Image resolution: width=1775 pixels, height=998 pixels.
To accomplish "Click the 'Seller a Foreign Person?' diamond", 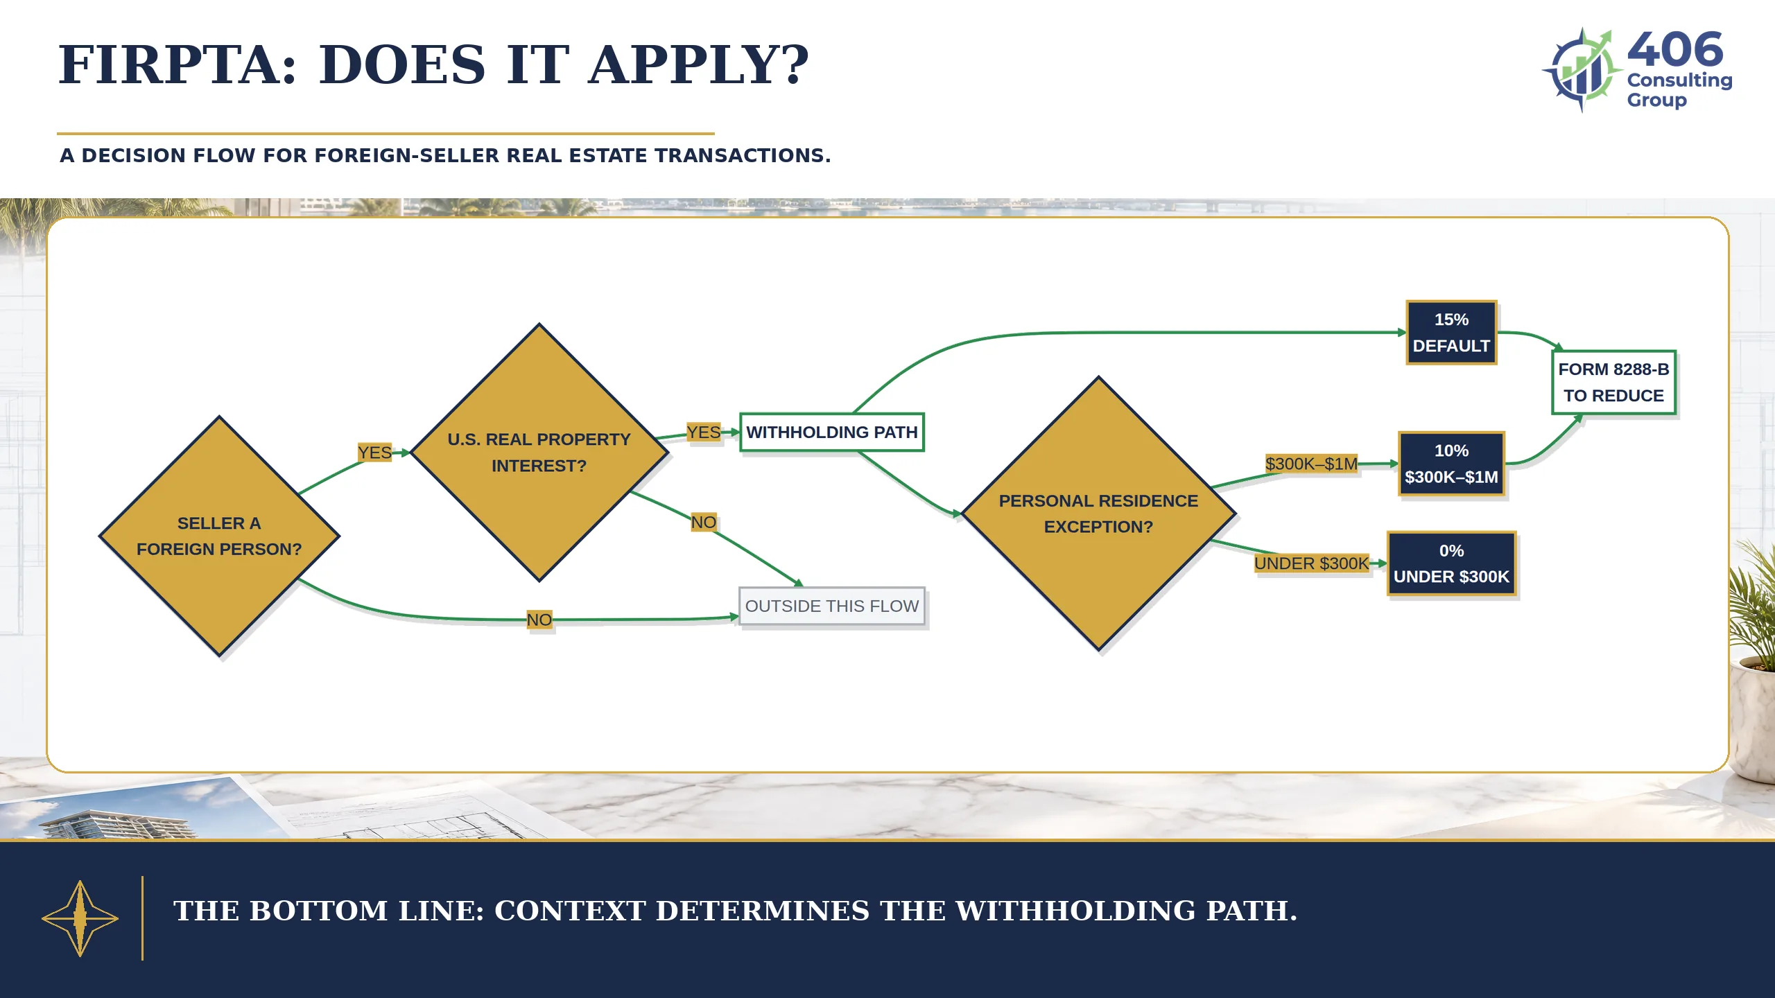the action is (219, 536).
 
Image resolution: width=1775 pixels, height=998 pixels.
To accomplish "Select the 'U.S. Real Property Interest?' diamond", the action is (539, 452).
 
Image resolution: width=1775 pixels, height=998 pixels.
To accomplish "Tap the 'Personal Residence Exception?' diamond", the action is (1098, 514).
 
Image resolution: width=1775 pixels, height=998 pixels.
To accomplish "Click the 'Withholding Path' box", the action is (832, 432).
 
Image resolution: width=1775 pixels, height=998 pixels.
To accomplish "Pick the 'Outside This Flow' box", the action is (832, 606).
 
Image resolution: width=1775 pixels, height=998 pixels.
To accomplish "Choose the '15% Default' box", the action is (1451, 333).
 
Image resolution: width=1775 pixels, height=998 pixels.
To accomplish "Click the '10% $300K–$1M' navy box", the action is (1451, 464).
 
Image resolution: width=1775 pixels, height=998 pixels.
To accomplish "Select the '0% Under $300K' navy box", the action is (1451, 563).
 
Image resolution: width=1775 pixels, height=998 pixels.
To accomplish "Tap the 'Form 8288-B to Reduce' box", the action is (1613, 383).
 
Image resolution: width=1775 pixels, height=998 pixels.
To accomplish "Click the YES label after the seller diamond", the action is (374, 453).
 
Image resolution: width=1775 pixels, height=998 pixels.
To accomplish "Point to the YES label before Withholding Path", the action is (703, 432).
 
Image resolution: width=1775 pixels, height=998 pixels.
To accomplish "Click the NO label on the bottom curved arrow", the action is (539, 620).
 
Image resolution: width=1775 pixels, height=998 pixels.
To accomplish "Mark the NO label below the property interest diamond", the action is (703, 522).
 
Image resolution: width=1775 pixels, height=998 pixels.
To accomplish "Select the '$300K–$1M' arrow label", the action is (1311, 464).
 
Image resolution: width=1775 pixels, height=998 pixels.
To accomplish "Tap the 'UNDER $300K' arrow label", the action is (1311, 563).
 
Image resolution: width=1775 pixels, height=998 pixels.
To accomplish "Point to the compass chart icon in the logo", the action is (1582, 69).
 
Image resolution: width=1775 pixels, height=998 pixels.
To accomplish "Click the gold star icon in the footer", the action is (80, 918).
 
